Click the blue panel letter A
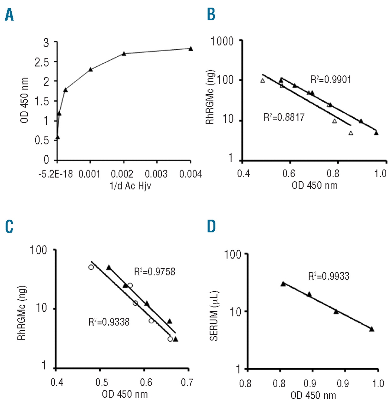point(9,15)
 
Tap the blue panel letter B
point(211,15)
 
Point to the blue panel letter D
point(211,227)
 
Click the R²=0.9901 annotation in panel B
point(331,79)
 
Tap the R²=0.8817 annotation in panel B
point(284,117)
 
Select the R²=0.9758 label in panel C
point(154,272)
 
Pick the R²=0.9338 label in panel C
point(109,322)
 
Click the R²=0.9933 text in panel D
point(328,276)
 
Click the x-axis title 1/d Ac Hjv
point(130,186)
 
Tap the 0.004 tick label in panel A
point(190,174)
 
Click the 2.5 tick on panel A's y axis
point(42,62)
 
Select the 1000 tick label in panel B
point(222,41)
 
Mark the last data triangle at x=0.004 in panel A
point(191,49)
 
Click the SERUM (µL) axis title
point(214,316)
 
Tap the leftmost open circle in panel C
point(91,267)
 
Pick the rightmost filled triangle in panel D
point(372,329)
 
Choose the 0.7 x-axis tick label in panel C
point(187,383)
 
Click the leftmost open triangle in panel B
point(262,81)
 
